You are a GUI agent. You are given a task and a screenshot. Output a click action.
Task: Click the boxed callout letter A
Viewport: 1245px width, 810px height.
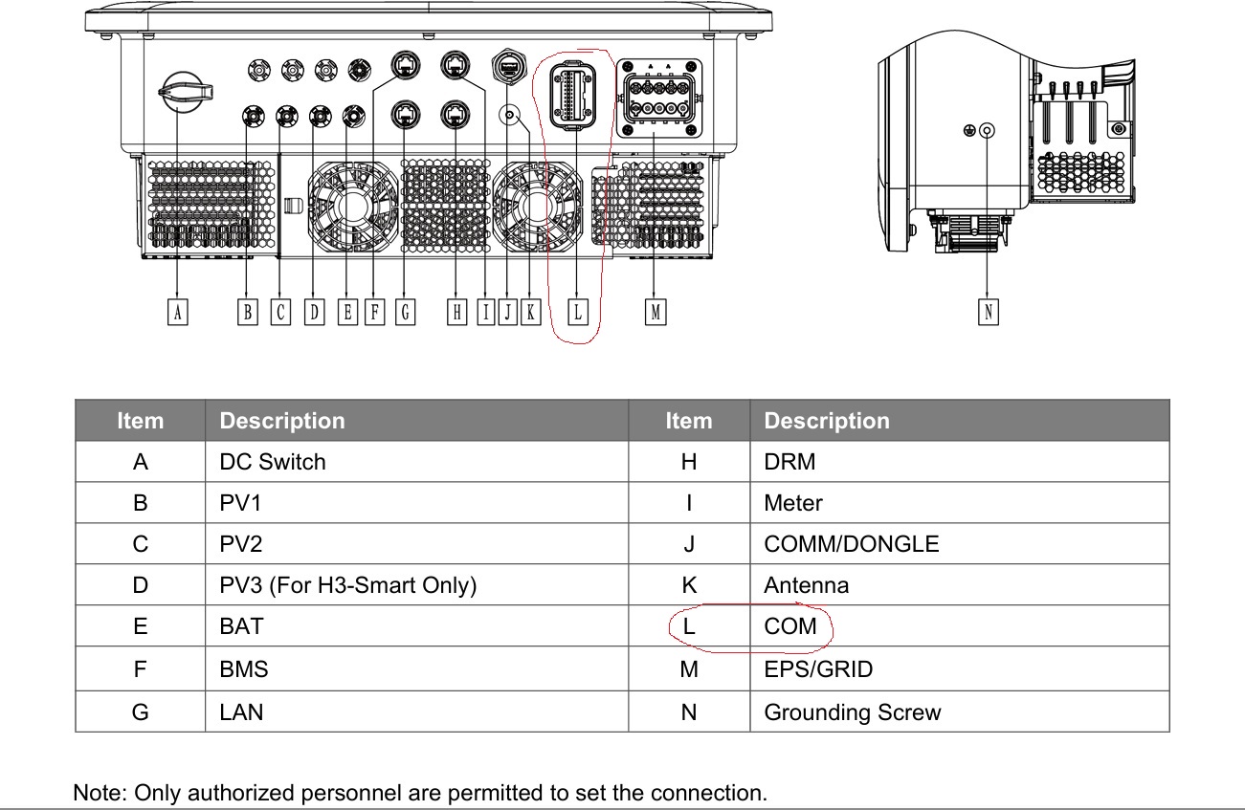[177, 312]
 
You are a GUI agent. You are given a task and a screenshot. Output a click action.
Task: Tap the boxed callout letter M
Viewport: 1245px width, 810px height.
[655, 312]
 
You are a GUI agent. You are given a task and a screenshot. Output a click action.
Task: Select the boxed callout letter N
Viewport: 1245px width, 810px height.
[989, 312]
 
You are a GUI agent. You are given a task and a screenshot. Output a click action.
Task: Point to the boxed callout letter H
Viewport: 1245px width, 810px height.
[457, 312]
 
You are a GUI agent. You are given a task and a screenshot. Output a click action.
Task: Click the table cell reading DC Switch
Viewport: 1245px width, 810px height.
[273, 462]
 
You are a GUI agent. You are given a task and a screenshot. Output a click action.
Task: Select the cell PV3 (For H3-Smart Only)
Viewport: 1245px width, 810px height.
[347, 585]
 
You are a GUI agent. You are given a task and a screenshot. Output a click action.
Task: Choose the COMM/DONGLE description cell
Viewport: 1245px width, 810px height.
[851, 544]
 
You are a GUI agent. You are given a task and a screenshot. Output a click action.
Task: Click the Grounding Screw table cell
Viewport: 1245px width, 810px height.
[852, 712]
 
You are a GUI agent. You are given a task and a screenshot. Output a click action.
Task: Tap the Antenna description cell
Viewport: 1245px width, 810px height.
[806, 585]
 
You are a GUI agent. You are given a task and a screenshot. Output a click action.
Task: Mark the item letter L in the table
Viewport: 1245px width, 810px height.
[688, 627]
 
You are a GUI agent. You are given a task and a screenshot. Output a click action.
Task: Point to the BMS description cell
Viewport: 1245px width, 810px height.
[243, 669]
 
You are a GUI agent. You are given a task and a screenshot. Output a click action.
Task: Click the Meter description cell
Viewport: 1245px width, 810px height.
[792, 503]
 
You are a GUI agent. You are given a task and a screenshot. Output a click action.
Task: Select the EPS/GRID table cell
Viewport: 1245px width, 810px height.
[818, 669]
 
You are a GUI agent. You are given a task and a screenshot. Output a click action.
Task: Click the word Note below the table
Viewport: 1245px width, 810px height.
[100, 793]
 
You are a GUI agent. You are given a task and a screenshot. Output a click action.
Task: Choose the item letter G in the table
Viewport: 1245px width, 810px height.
[141, 712]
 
